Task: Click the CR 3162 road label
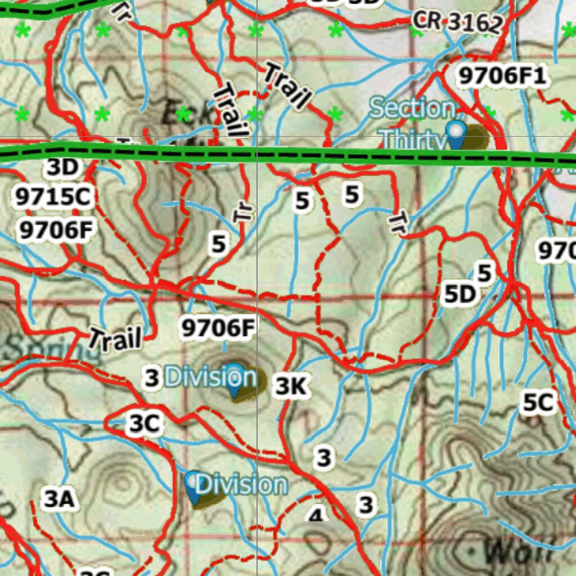tap(457, 22)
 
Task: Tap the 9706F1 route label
tap(502, 76)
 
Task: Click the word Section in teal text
tap(412, 109)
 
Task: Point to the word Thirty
tap(413, 140)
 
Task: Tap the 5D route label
tap(460, 294)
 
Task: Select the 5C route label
tap(538, 403)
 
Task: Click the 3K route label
tap(292, 386)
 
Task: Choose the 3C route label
tap(144, 424)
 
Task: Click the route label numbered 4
tap(317, 514)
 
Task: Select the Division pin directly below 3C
tap(195, 487)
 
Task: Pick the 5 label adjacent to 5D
tap(484, 273)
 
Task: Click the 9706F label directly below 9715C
tap(56, 230)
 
